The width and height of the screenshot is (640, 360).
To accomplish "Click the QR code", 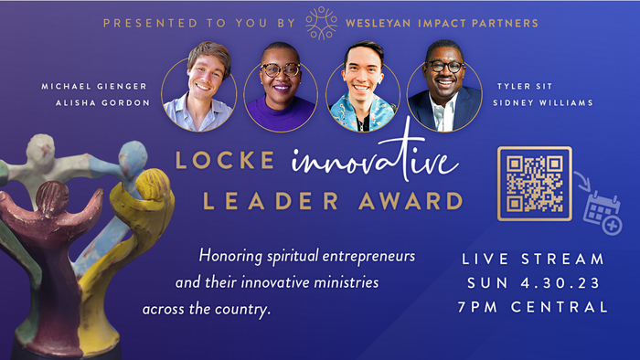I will point(534,183).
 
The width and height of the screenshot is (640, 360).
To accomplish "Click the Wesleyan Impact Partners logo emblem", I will point(321,23).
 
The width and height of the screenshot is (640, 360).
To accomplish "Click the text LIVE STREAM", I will point(534,259).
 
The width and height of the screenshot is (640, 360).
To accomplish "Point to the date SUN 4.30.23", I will point(534,283).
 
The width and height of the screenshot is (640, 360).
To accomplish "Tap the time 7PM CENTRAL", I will point(534,307).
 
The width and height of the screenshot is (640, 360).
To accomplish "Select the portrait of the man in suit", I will point(443,97).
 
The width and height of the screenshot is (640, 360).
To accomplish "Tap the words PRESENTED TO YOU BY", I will point(199,23).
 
